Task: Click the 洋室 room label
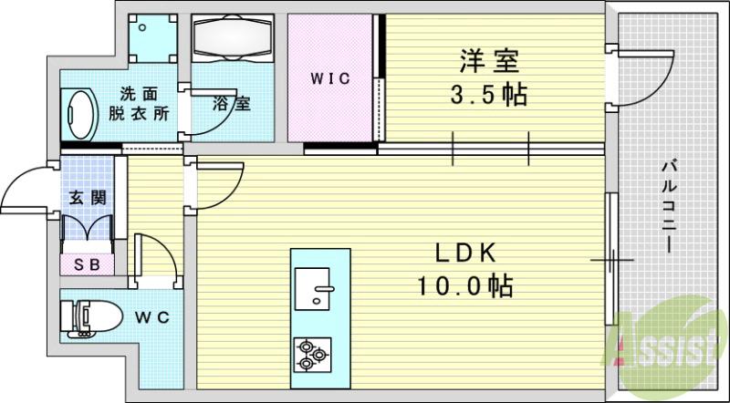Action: (488, 62)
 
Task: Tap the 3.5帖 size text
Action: (488, 95)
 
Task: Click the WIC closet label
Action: (329, 78)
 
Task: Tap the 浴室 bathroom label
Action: (233, 103)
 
